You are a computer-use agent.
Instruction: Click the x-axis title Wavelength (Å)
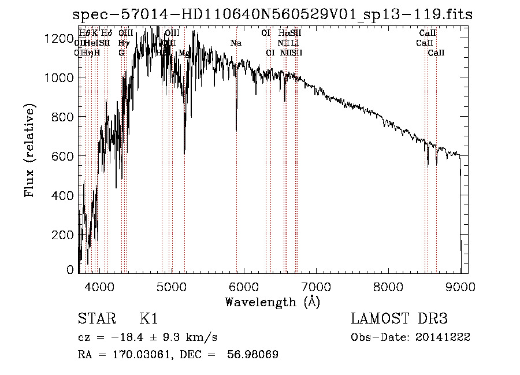[x=273, y=302]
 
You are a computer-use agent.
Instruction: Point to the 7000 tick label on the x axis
[x=316, y=286]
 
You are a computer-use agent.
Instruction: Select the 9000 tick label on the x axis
[x=460, y=286]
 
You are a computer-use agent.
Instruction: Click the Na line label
[x=236, y=43]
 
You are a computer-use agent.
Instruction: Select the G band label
[x=121, y=53]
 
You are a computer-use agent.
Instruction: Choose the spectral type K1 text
[x=148, y=319]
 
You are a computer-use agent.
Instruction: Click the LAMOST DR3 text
[x=399, y=319]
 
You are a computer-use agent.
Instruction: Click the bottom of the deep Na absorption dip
[x=236, y=130]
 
